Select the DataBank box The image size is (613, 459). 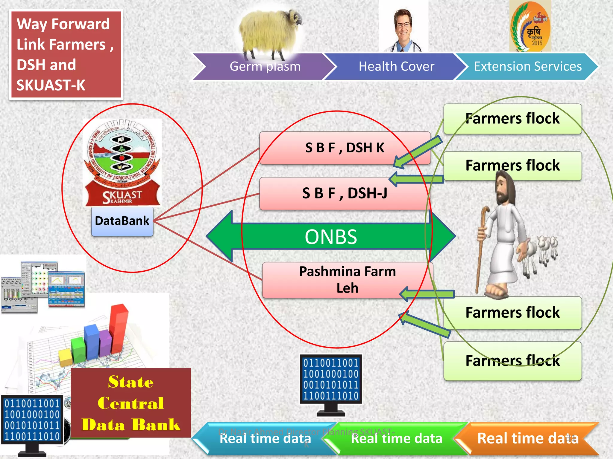click(x=122, y=221)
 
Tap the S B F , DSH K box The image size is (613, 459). click(x=344, y=148)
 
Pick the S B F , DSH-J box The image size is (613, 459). click(x=344, y=193)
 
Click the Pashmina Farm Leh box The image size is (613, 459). click(x=347, y=280)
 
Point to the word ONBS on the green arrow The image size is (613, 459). click(x=331, y=237)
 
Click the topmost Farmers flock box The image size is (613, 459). click(x=512, y=119)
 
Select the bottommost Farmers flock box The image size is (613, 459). click(x=512, y=361)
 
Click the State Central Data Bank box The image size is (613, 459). click(x=131, y=403)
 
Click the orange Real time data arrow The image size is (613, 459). click(x=527, y=438)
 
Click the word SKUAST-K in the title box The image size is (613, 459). click(x=51, y=85)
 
